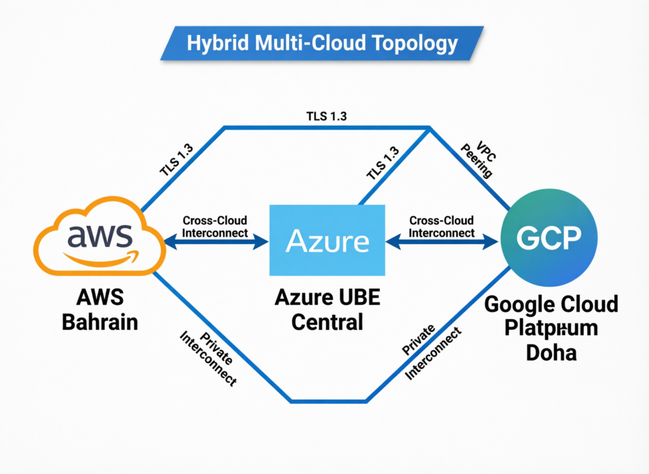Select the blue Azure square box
[327, 240]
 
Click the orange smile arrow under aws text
[102, 258]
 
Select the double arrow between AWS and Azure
[215, 241]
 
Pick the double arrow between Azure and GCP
[441, 241]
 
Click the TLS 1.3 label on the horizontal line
[326, 116]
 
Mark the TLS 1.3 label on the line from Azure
[382, 164]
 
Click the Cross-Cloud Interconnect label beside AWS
[215, 227]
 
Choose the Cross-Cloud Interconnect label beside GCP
[441, 227]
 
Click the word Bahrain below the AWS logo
[100, 322]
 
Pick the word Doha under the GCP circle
[551, 352]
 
